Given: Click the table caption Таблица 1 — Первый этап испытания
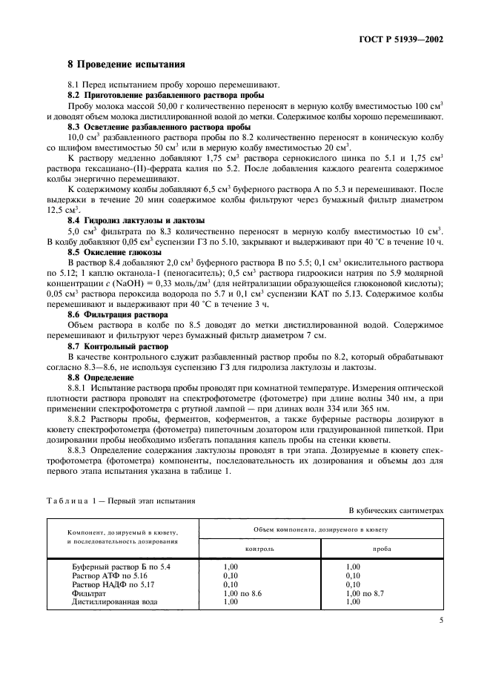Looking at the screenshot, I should (121, 500).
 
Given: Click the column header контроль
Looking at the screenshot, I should (260, 549).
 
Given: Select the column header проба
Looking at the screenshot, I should (383, 549).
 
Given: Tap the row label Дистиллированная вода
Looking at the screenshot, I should (114, 601).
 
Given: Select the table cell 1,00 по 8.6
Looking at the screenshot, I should (242, 592).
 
